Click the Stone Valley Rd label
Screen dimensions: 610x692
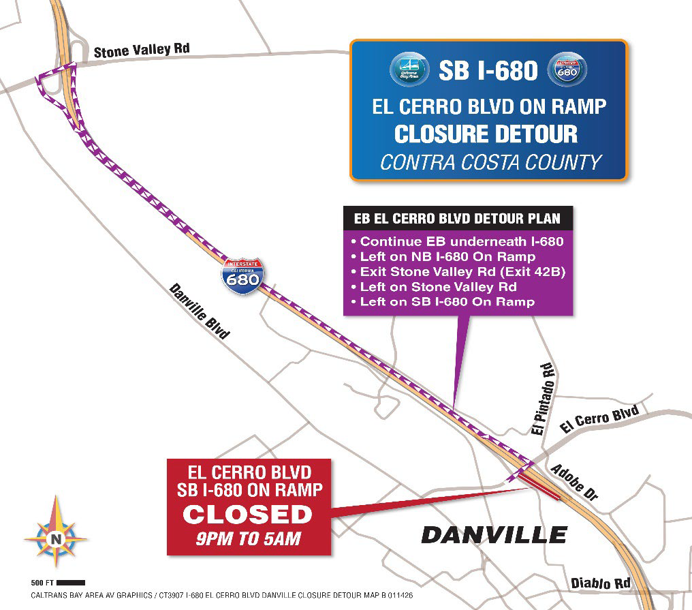pyautogui.click(x=141, y=50)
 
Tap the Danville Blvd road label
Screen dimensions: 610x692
pyautogui.click(x=199, y=311)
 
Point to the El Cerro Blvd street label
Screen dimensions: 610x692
pyautogui.click(x=599, y=418)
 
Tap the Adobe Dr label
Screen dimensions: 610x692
pyautogui.click(x=573, y=484)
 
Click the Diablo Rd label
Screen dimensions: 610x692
pyautogui.click(x=600, y=583)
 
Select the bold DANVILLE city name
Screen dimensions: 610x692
pyautogui.click(x=494, y=534)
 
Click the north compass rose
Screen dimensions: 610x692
pyautogui.click(x=55, y=539)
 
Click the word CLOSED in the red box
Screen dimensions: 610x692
pyautogui.click(x=247, y=515)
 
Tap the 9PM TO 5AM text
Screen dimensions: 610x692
pyautogui.click(x=248, y=538)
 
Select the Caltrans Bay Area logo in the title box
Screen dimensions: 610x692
pyautogui.click(x=409, y=70)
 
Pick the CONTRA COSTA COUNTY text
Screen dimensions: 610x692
pyautogui.click(x=490, y=162)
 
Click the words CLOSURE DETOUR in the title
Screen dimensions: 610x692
pyautogui.click(x=486, y=134)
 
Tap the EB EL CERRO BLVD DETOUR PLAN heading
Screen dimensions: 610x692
pyautogui.click(x=457, y=219)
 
